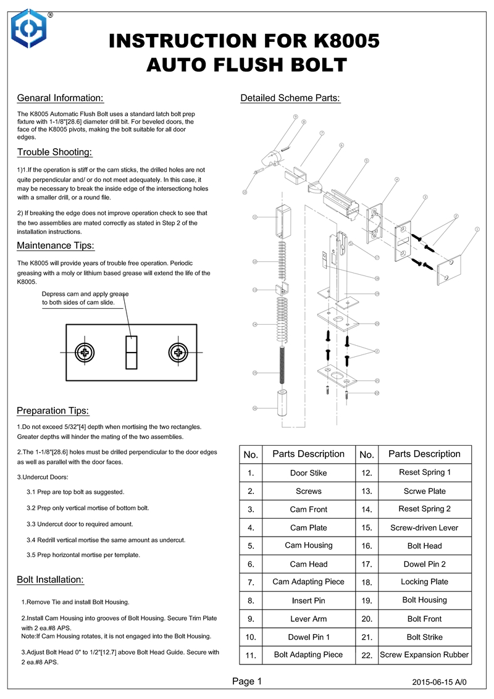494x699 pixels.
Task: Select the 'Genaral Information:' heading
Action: (60, 98)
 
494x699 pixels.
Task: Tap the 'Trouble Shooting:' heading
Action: (55, 152)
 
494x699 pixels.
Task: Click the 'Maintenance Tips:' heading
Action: (56, 246)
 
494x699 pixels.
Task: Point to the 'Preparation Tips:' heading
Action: (53, 411)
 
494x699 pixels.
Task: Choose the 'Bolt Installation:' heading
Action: (51, 579)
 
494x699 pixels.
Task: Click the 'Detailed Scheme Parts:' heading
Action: (290, 98)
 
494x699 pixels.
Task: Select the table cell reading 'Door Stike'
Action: (308, 473)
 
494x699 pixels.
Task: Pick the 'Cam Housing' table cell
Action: (308, 545)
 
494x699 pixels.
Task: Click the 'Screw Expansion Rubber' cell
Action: (424, 655)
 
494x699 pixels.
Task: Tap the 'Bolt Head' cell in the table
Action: (424, 546)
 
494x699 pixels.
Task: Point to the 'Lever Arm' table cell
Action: (308, 619)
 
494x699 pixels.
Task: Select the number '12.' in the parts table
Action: (367, 473)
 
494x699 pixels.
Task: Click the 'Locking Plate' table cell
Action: (424, 582)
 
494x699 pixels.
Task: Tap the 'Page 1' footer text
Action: (247, 682)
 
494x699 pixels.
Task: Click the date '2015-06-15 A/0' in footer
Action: (440, 683)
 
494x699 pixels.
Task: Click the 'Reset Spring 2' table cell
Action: (424, 509)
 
